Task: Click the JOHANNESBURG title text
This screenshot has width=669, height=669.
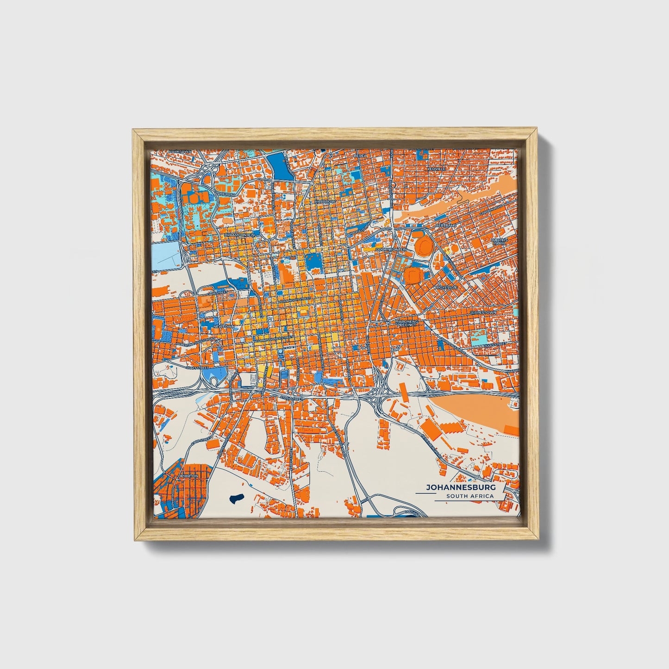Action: (460, 488)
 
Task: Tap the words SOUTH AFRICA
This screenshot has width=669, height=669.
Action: (470, 496)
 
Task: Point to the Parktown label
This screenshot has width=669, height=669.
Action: (180, 151)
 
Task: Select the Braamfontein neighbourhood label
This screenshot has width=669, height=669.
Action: (239, 235)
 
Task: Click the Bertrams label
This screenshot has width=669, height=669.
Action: (446, 225)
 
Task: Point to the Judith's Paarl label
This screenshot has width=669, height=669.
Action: (500, 241)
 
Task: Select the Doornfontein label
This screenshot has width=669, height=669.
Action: (391, 249)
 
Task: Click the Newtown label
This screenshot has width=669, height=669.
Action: (223, 326)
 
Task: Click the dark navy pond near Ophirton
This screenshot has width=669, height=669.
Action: (236, 499)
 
